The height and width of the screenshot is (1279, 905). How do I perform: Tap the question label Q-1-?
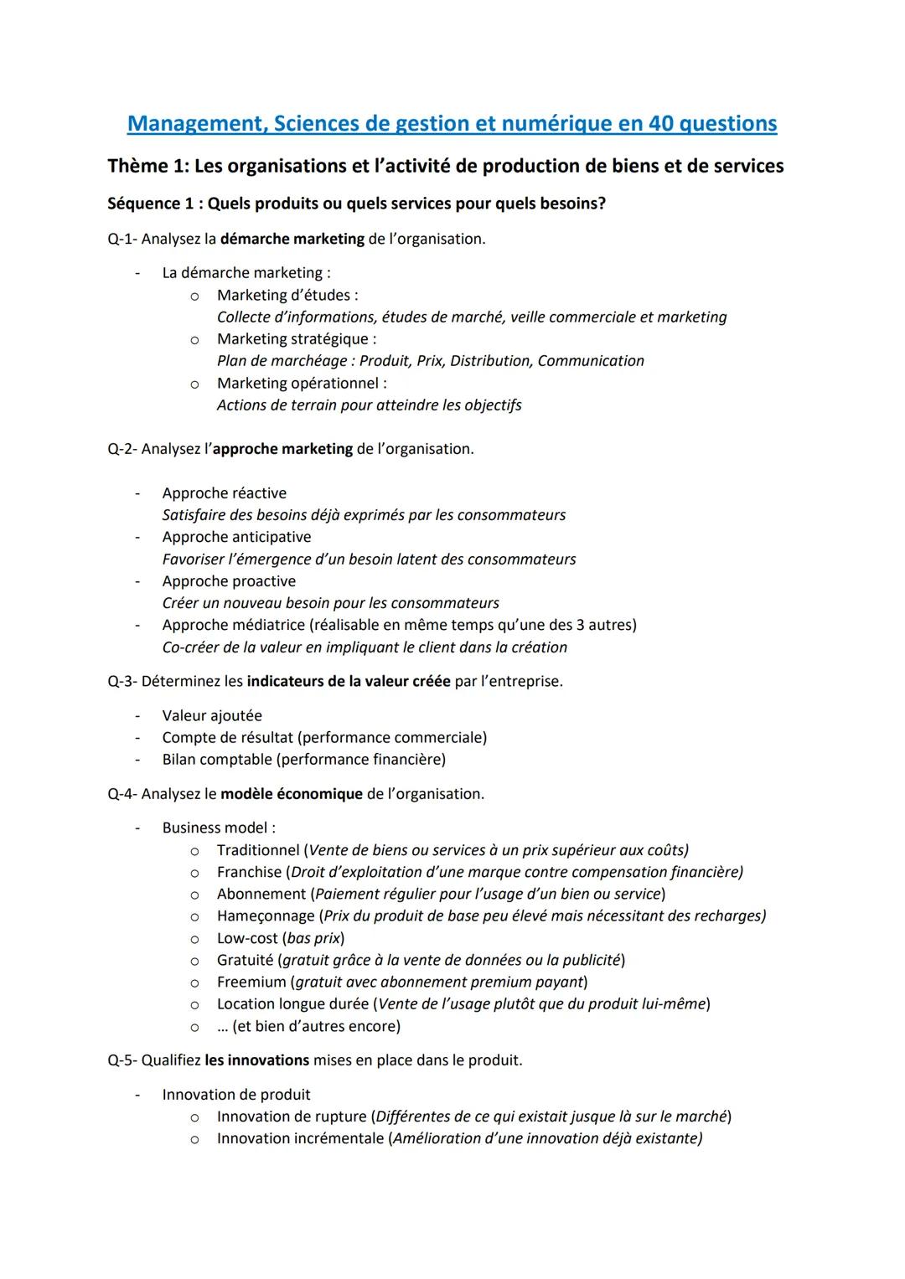[122, 239]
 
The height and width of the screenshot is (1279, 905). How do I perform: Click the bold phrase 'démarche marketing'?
[292, 239]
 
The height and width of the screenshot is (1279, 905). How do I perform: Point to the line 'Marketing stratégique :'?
[297, 339]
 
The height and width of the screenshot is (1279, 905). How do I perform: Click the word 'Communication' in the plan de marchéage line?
[591, 361]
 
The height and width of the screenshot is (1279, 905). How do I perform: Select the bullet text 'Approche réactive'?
[224, 493]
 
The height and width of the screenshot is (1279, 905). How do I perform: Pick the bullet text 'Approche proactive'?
[229, 581]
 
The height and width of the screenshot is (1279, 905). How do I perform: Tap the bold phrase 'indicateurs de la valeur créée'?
[349, 681]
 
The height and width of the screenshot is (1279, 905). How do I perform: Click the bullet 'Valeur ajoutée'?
[212, 715]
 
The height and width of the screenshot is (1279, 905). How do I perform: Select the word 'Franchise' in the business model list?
[249, 872]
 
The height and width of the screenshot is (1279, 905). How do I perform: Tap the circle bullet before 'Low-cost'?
[194, 938]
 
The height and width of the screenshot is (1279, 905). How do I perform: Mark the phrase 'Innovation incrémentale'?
[300, 1138]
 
